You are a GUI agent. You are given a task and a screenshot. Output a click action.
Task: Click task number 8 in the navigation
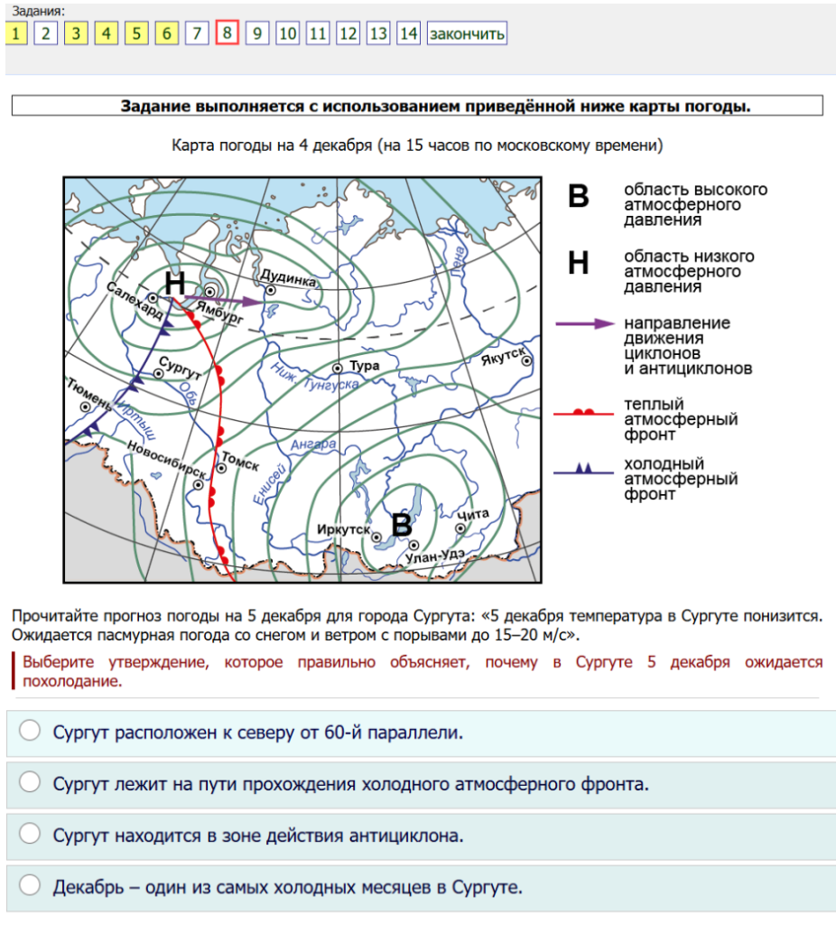pyautogui.click(x=227, y=34)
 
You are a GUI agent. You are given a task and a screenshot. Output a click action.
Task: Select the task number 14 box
pyautogui.click(x=409, y=34)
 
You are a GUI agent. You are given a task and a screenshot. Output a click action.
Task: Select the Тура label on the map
pyautogui.click(x=365, y=366)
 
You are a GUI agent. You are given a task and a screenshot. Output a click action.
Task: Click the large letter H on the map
pyautogui.click(x=175, y=282)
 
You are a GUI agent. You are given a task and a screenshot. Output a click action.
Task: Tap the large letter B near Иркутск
pyautogui.click(x=401, y=524)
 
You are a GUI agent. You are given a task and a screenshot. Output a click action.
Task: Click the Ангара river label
pyautogui.click(x=315, y=444)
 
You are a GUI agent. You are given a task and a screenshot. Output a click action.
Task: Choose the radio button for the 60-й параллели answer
pyautogui.click(x=31, y=731)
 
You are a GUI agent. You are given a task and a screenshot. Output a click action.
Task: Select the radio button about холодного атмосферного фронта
pyautogui.click(x=31, y=782)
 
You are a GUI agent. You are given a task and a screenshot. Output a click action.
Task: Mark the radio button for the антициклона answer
pyautogui.click(x=31, y=834)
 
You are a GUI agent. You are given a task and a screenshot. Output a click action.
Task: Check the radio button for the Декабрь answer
pyautogui.click(x=31, y=885)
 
